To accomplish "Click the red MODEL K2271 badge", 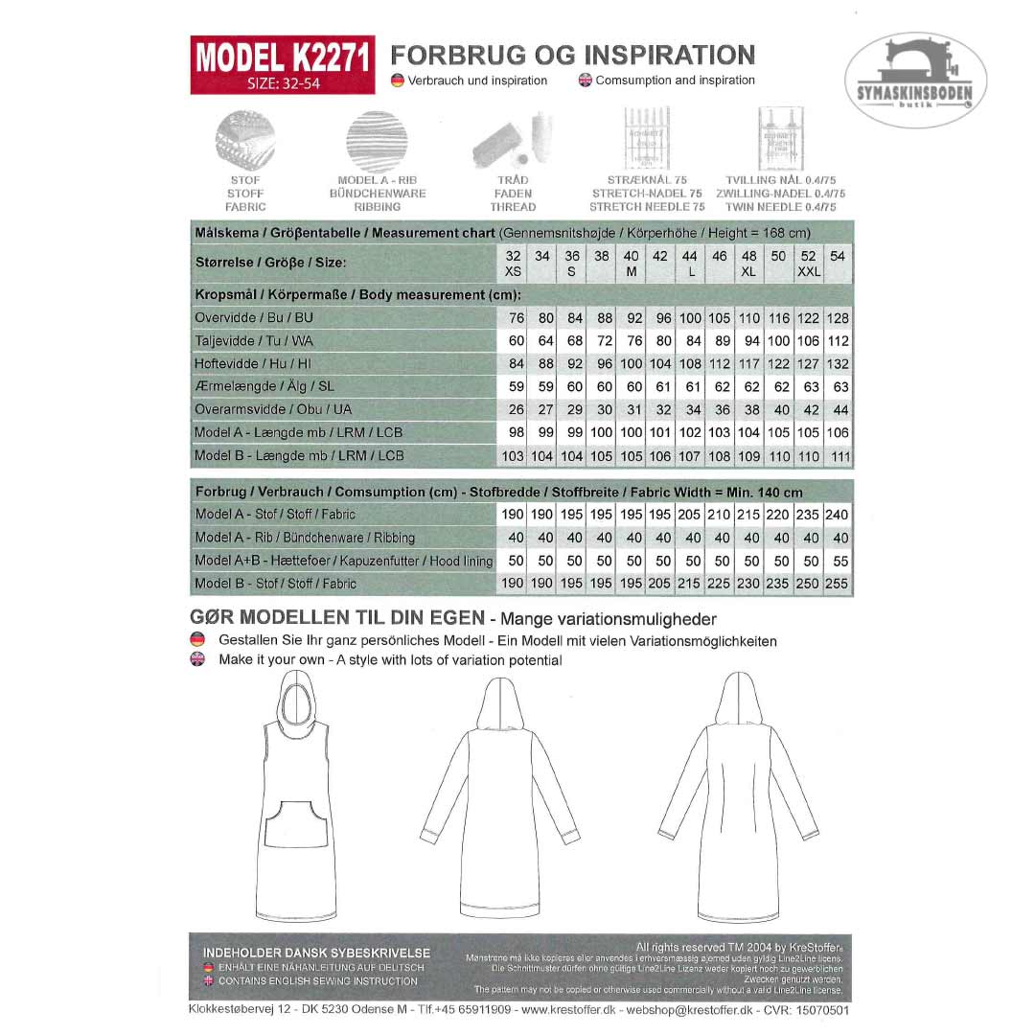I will click(282, 64).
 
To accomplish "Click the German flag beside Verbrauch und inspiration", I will click(398, 80).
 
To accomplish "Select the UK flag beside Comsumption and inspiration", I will click(585, 80).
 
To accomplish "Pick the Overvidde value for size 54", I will click(839, 318).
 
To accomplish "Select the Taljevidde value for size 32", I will click(517, 341).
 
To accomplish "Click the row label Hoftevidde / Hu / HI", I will click(253, 364).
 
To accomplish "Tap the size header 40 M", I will click(632, 264).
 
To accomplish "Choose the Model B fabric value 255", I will click(839, 584).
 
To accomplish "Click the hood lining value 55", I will click(840, 561).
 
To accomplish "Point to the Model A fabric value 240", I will click(838, 515).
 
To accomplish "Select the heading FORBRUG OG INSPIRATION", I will click(573, 55).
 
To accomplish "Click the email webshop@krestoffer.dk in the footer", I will click(688, 1011).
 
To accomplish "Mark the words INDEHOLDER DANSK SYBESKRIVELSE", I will click(316, 954).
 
